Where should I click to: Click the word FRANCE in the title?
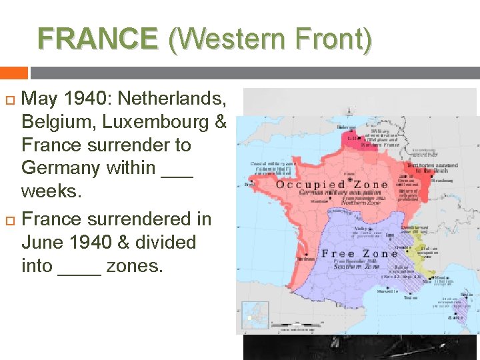click(98, 39)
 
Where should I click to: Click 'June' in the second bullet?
click(44, 242)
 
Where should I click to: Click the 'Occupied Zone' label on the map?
click(333, 185)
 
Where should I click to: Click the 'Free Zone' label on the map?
click(359, 254)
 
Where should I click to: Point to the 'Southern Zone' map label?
click(362, 266)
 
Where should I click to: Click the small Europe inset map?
click(255, 315)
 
